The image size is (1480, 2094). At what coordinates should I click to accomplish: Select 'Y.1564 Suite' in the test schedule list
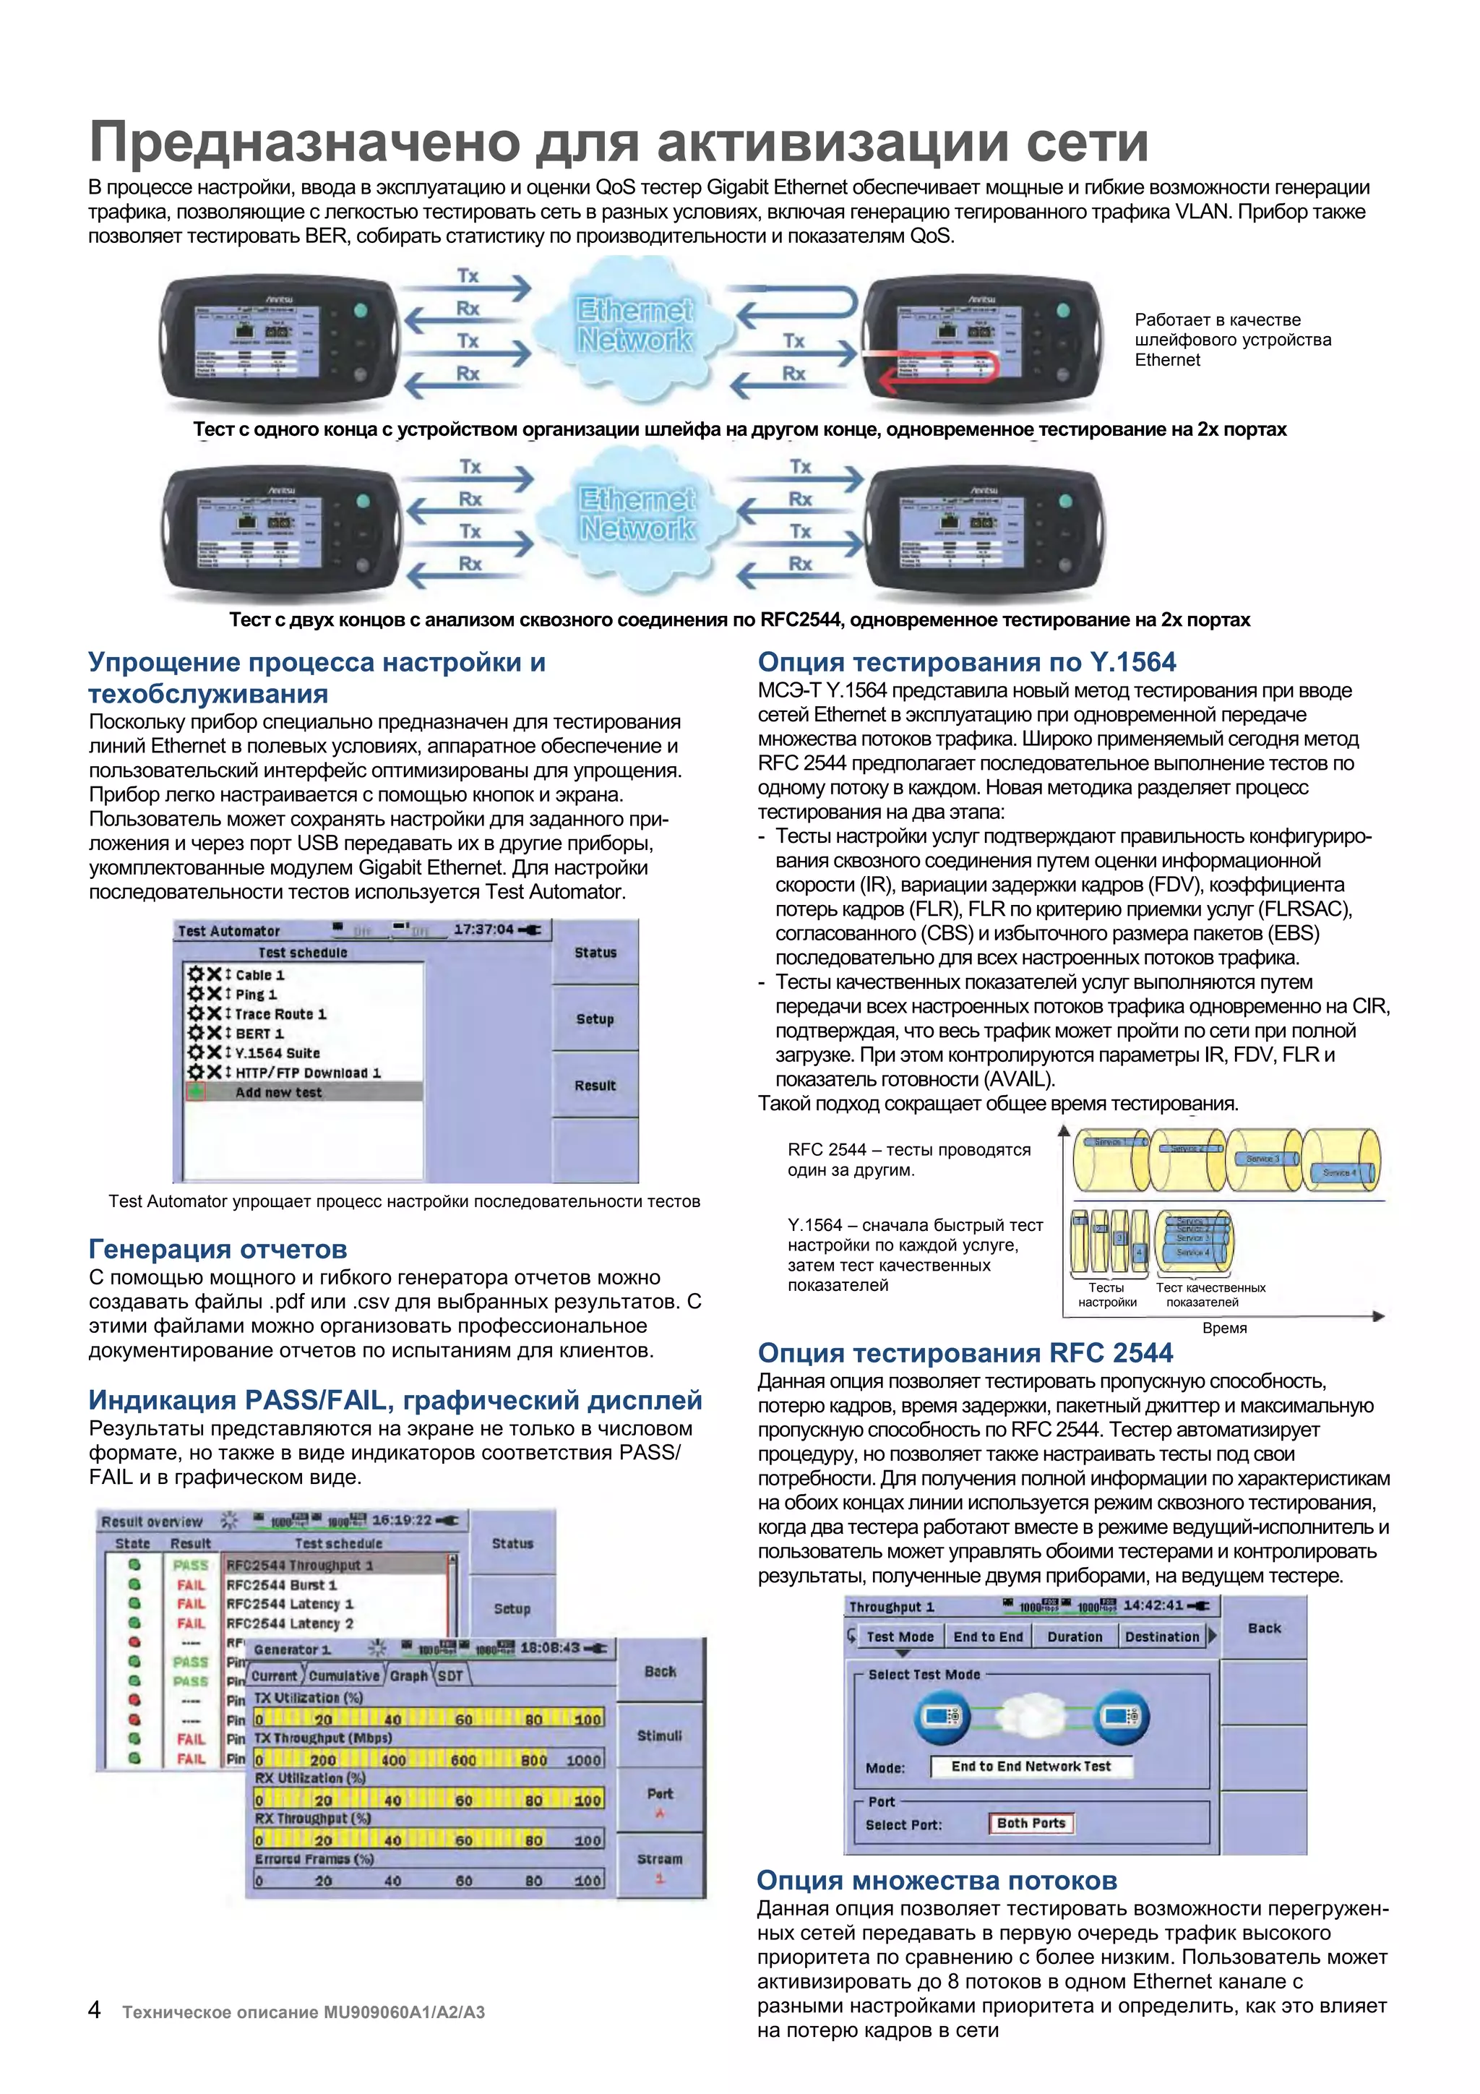[x=277, y=1052]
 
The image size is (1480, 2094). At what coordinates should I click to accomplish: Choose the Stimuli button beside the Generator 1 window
[x=659, y=1735]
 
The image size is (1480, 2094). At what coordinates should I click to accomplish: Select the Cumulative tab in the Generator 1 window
[x=344, y=1675]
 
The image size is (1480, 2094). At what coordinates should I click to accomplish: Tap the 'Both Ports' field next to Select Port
[x=1031, y=1823]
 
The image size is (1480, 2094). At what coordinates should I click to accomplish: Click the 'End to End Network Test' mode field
[x=1031, y=1767]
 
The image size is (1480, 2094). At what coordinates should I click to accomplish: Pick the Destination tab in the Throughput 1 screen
[x=1162, y=1637]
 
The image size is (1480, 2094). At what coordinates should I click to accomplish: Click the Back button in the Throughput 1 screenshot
[x=1264, y=1628]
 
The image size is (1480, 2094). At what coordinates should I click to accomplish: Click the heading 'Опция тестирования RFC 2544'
[x=965, y=1352]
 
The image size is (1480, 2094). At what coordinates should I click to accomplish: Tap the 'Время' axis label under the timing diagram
[x=1223, y=1328]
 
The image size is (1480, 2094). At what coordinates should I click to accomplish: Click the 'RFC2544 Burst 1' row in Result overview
[x=282, y=1585]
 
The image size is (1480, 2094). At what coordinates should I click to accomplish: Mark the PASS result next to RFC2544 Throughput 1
[x=191, y=1565]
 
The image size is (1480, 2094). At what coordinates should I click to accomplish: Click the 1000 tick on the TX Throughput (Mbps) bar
[x=584, y=1760]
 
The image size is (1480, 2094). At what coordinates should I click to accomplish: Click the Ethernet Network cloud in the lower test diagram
[x=637, y=513]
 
